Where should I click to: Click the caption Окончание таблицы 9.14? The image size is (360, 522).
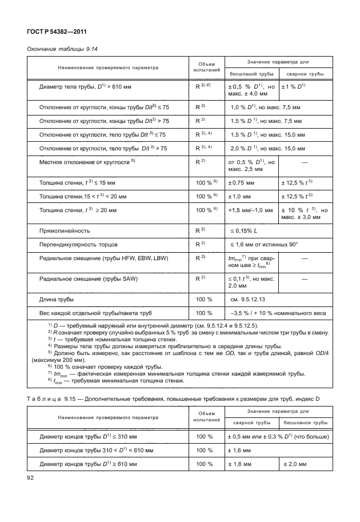[x=63, y=50]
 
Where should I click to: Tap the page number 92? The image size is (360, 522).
[x=32, y=476]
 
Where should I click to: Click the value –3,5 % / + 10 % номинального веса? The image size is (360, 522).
[x=278, y=313]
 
